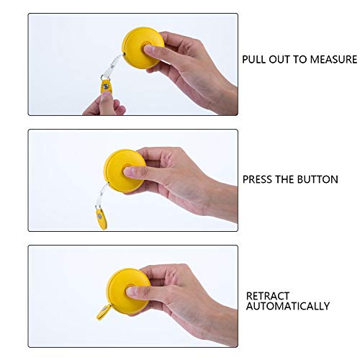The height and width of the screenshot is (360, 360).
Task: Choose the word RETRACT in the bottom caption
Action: (267, 295)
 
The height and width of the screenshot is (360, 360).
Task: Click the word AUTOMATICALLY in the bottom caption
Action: (288, 306)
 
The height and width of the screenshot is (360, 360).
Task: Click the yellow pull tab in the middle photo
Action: (96, 216)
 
